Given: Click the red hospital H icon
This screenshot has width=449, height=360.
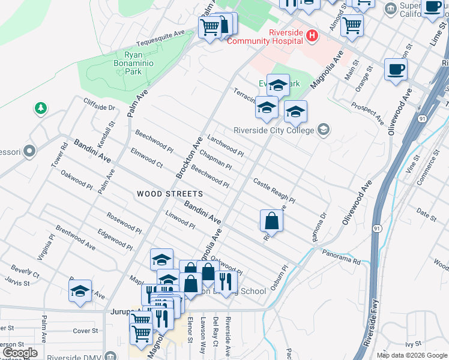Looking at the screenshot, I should [312, 36].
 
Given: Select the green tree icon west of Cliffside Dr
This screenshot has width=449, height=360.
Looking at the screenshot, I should [40, 109].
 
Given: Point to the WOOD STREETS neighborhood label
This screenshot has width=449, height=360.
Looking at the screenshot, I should [170, 194].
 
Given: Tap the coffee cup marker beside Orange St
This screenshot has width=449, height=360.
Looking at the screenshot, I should [396, 68].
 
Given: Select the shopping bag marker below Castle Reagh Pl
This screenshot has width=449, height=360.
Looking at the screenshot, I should [271, 220].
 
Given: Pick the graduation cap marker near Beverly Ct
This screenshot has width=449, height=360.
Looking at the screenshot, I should [80, 291].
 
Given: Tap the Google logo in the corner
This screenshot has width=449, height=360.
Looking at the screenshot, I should [20, 353].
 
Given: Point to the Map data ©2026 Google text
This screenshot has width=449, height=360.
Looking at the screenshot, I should [412, 355].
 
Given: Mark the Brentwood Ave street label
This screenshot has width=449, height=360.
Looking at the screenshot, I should [75, 238].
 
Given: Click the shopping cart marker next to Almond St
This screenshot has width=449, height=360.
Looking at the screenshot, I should [352, 25].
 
